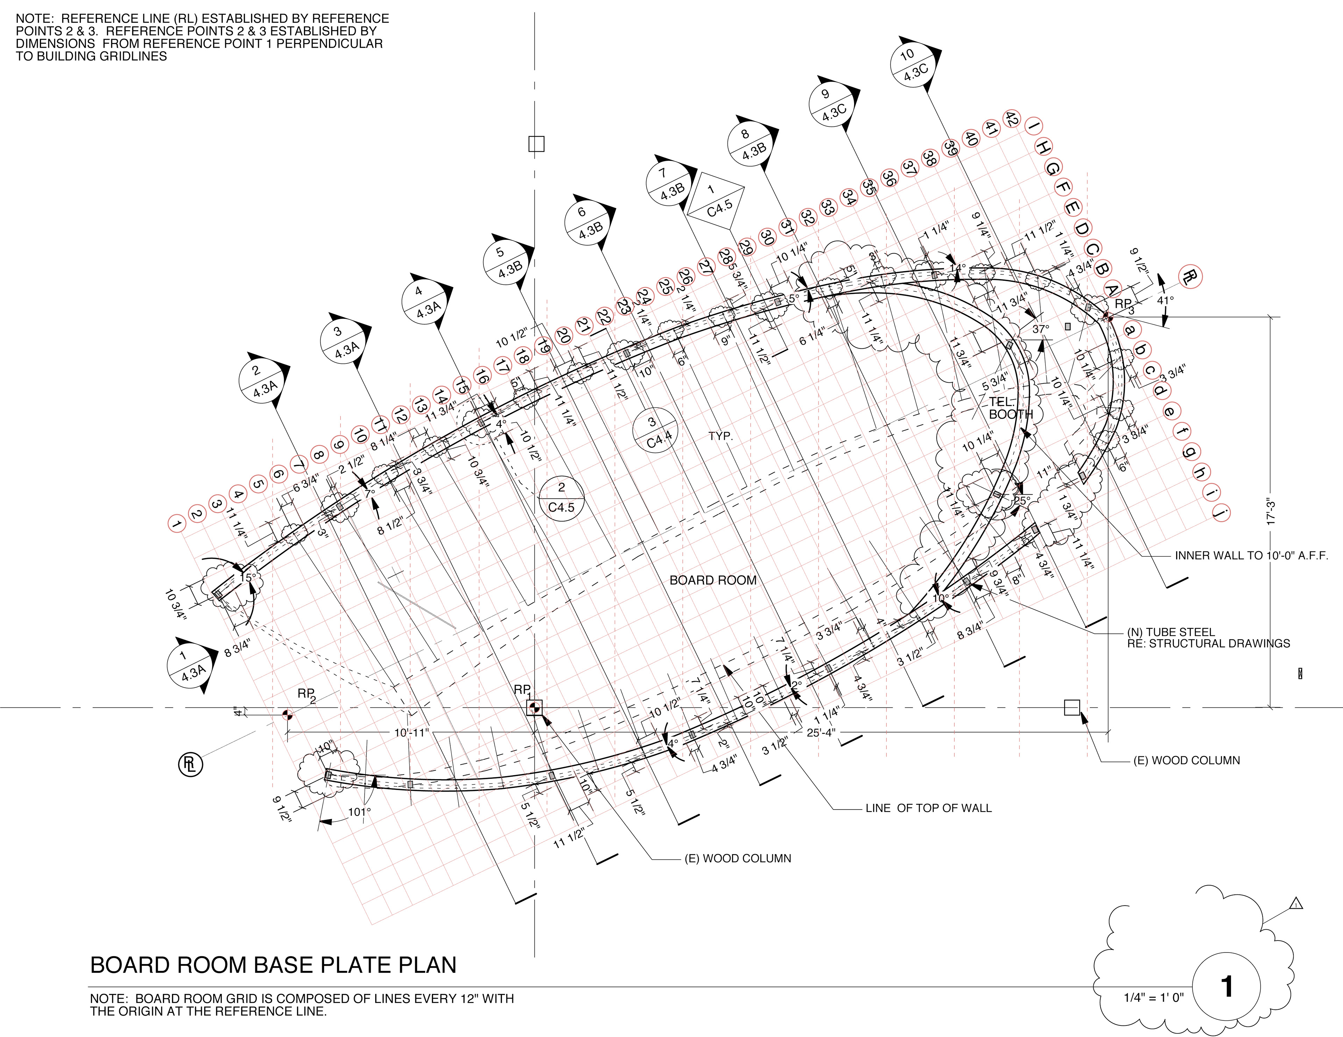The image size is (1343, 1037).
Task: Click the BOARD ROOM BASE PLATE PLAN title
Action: point(273,965)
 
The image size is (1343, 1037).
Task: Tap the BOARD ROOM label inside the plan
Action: point(713,580)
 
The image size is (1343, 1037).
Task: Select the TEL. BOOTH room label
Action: point(1010,408)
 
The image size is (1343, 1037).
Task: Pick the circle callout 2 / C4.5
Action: point(561,498)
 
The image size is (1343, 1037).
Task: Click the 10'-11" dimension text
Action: point(411,733)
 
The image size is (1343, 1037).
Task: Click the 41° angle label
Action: point(1165,301)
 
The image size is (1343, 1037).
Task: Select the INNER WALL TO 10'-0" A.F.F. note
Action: point(1251,556)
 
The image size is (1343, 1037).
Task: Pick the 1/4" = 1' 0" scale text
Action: point(1153,997)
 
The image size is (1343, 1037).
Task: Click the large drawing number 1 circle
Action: point(1226,987)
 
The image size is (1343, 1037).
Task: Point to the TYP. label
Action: point(720,437)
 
